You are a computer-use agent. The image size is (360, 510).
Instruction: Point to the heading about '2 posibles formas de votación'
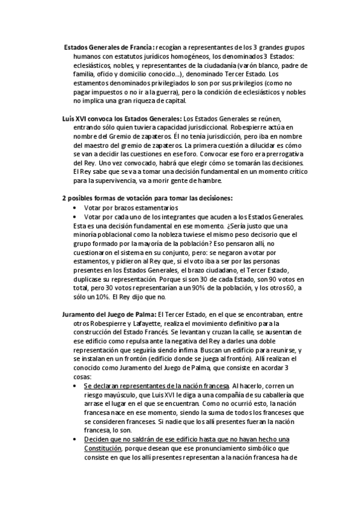click(147, 198)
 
